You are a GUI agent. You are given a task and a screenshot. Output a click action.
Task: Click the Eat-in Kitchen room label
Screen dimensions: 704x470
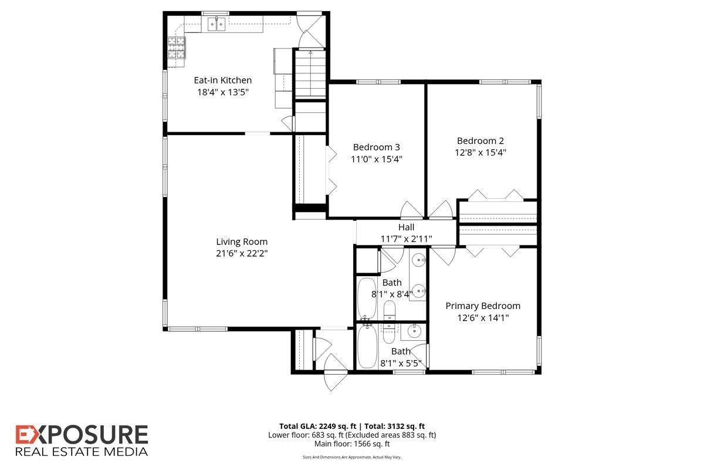(222, 80)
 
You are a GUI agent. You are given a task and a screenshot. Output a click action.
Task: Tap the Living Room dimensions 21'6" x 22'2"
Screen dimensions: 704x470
(242, 253)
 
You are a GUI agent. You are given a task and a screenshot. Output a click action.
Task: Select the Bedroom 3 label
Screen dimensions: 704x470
(376, 147)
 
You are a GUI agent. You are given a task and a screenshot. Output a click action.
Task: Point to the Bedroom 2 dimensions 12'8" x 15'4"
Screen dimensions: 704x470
(480, 153)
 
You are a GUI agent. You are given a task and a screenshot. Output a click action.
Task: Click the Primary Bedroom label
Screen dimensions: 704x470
(483, 306)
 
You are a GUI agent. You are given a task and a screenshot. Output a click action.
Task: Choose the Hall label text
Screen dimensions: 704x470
(406, 227)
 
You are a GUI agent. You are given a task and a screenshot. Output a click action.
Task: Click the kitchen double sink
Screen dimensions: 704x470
(216, 24)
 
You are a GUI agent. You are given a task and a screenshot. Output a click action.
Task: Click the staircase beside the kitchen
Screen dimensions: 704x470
(310, 74)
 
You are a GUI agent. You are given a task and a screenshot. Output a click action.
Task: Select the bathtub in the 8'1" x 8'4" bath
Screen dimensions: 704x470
(367, 298)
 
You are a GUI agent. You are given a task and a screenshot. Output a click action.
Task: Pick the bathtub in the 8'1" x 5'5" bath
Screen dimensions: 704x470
(368, 347)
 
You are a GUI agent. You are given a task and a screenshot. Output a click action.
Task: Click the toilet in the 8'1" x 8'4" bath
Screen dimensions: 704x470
(389, 310)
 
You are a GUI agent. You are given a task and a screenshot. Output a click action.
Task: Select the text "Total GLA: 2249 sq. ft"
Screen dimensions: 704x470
(318, 427)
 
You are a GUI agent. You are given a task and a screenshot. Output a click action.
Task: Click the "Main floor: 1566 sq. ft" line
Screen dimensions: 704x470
(352, 444)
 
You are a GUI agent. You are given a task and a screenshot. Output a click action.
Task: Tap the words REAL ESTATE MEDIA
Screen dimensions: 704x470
(82, 452)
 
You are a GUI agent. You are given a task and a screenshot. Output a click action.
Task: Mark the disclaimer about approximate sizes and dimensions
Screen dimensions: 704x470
(352, 457)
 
